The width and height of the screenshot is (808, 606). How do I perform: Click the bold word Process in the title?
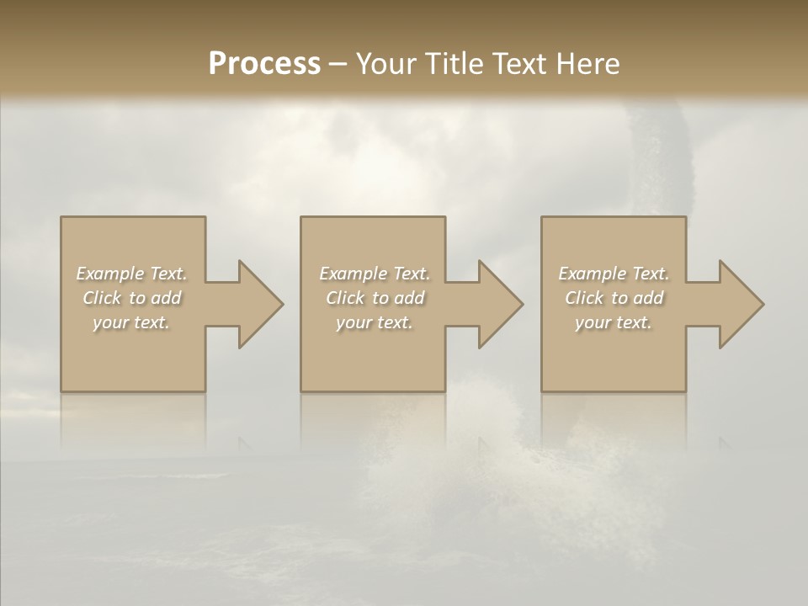coord(264,64)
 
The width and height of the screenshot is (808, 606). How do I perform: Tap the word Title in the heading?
coord(451,64)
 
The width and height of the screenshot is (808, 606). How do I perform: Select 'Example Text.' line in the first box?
coord(131,274)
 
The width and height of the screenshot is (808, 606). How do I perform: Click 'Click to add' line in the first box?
coord(131,298)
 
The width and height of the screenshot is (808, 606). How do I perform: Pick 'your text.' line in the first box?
coord(131,322)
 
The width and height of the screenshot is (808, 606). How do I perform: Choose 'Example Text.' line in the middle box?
coord(375,274)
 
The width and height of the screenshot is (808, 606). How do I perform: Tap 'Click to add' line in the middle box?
coord(375,298)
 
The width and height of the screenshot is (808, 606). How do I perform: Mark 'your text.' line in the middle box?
coord(375,322)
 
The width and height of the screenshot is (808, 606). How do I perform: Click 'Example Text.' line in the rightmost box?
coord(614,274)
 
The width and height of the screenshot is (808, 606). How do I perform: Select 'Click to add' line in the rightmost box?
coord(614,298)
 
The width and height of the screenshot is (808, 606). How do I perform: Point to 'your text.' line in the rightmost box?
coord(614,322)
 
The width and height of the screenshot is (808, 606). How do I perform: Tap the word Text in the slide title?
coord(514,64)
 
